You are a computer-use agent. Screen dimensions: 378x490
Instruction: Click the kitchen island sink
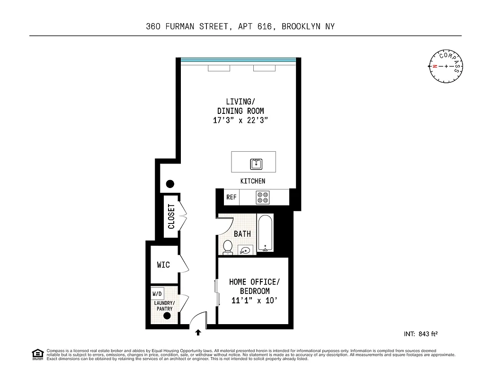(x=256, y=164)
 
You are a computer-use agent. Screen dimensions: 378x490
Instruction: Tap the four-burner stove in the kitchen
(x=262, y=197)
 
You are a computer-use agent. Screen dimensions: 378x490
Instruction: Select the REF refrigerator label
(x=231, y=197)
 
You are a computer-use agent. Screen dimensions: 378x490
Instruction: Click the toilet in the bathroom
(x=228, y=247)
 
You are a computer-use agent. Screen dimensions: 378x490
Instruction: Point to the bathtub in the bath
(x=266, y=233)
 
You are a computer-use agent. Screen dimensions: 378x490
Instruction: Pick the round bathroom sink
(x=245, y=250)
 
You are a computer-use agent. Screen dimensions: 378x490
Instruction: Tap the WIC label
(x=163, y=265)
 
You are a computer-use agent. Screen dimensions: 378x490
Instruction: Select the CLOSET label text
(x=171, y=216)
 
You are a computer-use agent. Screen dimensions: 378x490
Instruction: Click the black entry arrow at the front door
(x=198, y=333)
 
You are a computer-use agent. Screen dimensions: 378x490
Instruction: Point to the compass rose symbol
(x=446, y=66)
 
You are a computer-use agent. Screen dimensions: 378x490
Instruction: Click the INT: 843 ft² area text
(x=420, y=334)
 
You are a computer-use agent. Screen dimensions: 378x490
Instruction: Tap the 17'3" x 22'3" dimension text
(x=241, y=120)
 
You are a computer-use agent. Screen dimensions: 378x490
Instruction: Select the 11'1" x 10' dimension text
(x=254, y=300)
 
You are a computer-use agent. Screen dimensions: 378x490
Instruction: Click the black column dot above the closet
(x=169, y=184)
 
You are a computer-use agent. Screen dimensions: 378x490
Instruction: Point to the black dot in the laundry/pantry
(x=167, y=317)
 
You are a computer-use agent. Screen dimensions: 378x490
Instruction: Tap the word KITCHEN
(x=253, y=181)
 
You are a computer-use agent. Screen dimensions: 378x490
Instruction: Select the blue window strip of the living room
(x=238, y=60)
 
